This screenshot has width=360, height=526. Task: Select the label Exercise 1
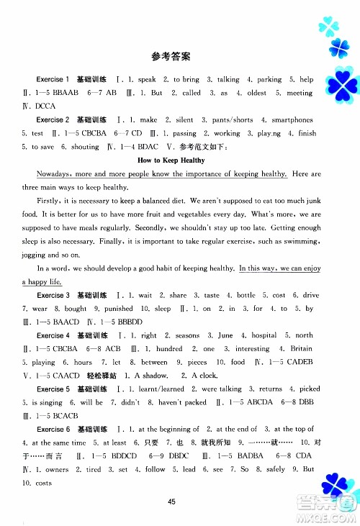(x=53, y=79)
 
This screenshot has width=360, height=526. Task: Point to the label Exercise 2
(x=53, y=119)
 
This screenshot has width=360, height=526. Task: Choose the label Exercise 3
(x=53, y=295)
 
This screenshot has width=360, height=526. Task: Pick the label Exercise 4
(x=53, y=335)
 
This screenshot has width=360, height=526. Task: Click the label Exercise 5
(x=53, y=389)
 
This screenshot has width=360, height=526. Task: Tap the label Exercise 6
(x=53, y=429)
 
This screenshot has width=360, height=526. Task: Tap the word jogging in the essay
(x=36, y=255)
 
